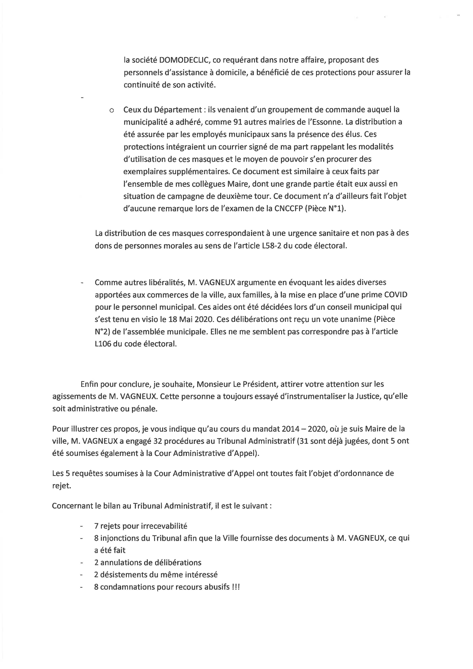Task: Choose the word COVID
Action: (396, 295)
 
